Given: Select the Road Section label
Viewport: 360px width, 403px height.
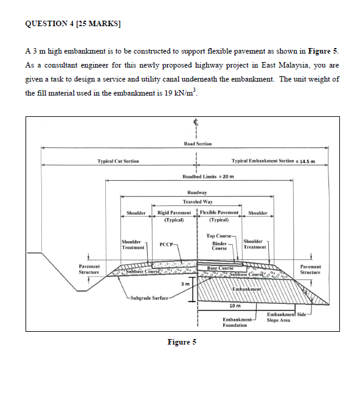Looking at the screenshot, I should [x=198, y=144].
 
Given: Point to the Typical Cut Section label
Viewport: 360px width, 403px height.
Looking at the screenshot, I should [x=118, y=161].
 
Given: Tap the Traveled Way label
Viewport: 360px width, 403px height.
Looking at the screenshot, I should [x=198, y=201].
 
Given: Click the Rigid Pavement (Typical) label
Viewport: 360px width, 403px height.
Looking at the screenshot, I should [x=175, y=216].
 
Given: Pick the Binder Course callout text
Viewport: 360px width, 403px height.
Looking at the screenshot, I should [x=219, y=245].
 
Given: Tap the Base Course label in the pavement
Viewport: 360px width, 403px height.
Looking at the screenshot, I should [x=220, y=268].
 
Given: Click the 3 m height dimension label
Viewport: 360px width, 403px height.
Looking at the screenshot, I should [x=188, y=284].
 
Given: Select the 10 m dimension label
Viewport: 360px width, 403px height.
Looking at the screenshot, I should [x=234, y=306].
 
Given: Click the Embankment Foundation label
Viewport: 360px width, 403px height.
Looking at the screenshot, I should [x=235, y=322].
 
